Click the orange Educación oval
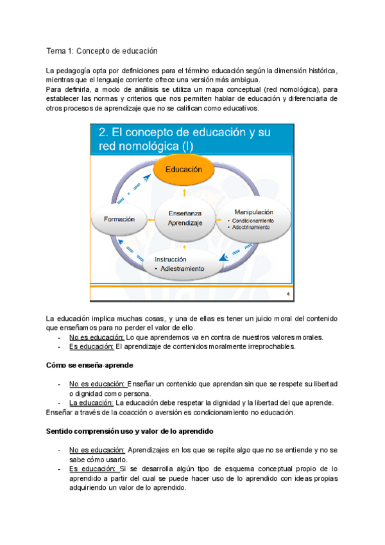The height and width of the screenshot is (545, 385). point(184,169)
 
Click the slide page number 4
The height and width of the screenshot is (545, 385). point(287,294)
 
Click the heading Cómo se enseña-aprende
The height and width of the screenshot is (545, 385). point(89,365)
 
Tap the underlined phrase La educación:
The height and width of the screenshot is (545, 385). point(87,402)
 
